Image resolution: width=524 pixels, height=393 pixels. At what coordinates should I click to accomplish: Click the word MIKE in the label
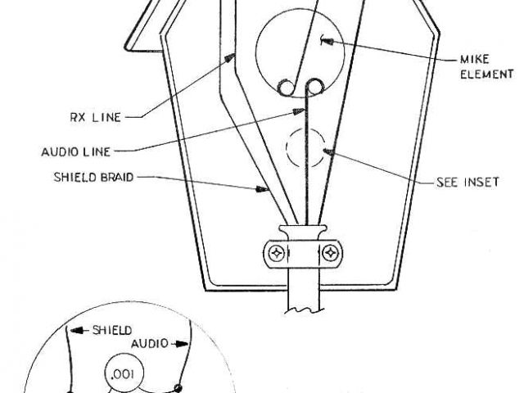tap(473, 60)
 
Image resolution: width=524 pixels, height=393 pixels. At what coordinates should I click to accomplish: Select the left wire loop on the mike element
tap(286, 86)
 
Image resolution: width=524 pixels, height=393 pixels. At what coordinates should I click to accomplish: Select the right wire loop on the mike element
tap(314, 86)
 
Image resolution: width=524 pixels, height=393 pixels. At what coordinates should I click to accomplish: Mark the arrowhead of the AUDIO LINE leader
tap(305, 108)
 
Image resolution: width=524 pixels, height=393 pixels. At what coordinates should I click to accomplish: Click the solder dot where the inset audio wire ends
tap(178, 387)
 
